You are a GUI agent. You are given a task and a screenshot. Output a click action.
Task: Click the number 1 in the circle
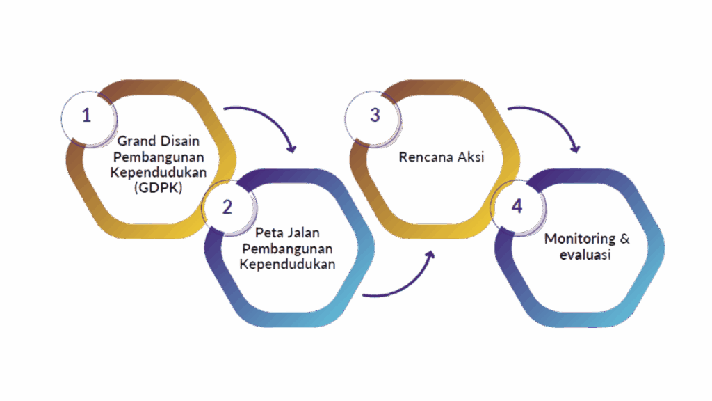(86, 115)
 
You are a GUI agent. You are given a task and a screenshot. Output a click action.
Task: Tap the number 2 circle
(227, 207)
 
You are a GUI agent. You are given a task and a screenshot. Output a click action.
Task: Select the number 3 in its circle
(375, 115)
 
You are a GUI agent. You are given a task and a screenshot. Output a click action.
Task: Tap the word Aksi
(471, 157)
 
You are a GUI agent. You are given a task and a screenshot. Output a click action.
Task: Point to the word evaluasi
(585, 255)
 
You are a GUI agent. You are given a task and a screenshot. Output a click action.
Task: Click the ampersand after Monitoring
(624, 239)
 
